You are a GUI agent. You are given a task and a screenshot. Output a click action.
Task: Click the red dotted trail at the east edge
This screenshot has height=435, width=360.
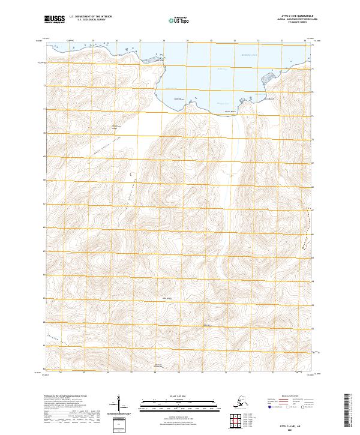click(x=309, y=231)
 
